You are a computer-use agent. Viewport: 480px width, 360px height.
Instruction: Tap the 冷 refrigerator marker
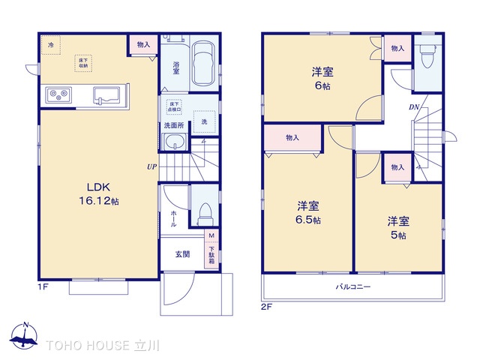click(x=51, y=45)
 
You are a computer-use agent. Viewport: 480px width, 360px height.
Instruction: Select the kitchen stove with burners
click(x=58, y=95)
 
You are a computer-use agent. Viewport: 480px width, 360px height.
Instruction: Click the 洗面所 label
click(x=174, y=125)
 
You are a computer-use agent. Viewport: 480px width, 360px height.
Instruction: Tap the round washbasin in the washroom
click(x=176, y=145)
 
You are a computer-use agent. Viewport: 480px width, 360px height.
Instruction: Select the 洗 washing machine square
click(x=204, y=121)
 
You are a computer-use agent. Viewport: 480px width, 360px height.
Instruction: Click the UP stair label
click(x=151, y=166)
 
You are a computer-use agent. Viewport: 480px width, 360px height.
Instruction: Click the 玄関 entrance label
click(x=182, y=254)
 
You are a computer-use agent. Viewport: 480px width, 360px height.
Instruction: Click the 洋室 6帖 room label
click(x=323, y=79)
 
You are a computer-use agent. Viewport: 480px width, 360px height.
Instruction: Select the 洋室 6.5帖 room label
click(x=308, y=212)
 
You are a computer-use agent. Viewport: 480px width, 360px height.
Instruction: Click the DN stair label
click(x=413, y=107)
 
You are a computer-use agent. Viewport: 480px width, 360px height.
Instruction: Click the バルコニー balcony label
click(x=352, y=287)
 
